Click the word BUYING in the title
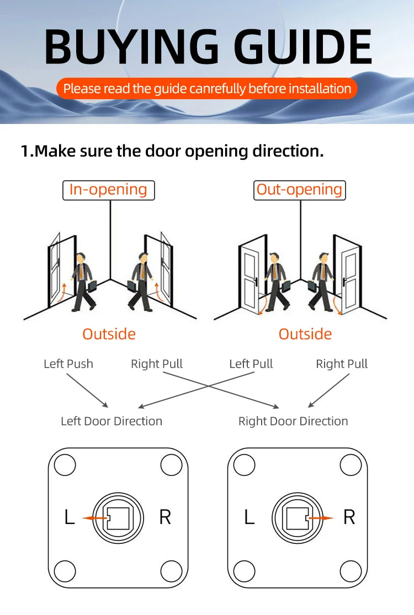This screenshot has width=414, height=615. pyautogui.click(x=131, y=47)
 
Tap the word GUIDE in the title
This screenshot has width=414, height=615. pyautogui.click(x=302, y=47)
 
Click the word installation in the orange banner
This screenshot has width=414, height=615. pyautogui.click(x=320, y=89)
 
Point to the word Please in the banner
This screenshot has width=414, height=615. pyautogui.click(x=82, y=89)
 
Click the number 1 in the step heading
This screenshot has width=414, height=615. pyautogui.click(x=25, y=151)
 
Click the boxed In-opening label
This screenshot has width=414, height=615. pyautogui.click(x=108, y=190)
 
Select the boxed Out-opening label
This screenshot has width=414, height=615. pyautogui.click(x=299, y=190)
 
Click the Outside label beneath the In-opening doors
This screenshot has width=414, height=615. pyautogui.click(x=109, y=334)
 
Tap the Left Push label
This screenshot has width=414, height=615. pyautogui.click(x=68, y=364)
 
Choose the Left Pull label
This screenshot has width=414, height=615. pyautogui.click(x=251, y=364)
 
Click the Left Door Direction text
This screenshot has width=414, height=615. pyautogui.click(x=112, y=421)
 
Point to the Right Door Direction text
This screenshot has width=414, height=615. pyautogui.click(x=293, y=421)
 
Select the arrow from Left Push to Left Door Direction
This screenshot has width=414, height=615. pyautogui.click(x=87, y=390)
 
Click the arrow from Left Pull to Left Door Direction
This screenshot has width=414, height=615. pyautogui.click(x=197, y=390)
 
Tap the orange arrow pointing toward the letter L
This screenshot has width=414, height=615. pyautogui.click(x=94, y=518)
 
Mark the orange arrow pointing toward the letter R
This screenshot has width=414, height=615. pyautogui.click(x=321, y=518)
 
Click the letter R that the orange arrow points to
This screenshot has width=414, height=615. pyautogui.click(x=349, y=517)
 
